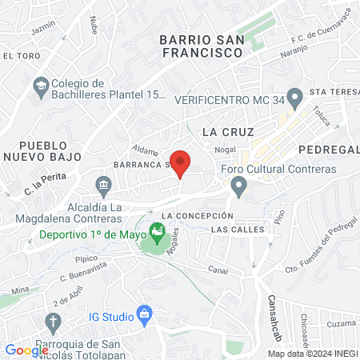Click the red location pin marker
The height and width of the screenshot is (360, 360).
181,162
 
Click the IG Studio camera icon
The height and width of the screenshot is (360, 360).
144,314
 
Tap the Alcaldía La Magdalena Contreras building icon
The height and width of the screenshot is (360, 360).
103,188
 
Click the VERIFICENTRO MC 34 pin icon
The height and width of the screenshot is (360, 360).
295,99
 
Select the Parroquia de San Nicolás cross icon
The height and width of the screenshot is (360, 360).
53,324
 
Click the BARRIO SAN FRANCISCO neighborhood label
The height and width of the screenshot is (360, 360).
200,46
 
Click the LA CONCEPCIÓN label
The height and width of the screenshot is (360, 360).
197,216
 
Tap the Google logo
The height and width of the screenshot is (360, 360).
26,350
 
